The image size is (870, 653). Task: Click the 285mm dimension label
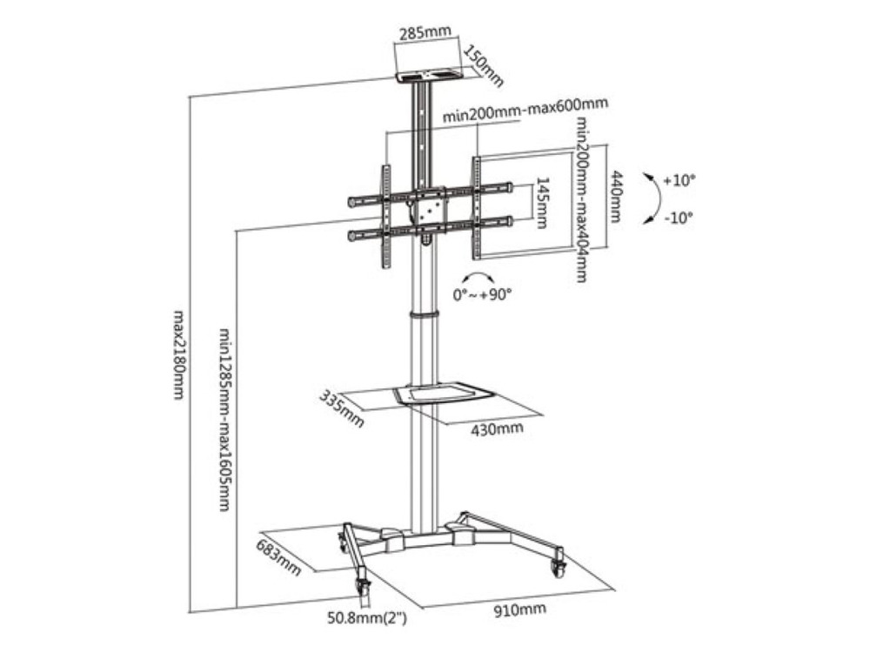(x=425, y=31)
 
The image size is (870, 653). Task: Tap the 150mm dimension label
(x=483, y=66)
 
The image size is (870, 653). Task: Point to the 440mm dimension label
(x=616, y=196)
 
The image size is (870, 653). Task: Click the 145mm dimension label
(x=541, y=203)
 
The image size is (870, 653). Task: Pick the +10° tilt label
(x=679, y=180)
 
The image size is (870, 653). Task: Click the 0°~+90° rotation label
(x=482, y=294)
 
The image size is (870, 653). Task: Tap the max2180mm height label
(x=178, y=355)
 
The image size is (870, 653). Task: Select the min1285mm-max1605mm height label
(x=224, y=420)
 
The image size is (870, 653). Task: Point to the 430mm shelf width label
(x=497, y=428)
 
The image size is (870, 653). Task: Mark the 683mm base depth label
(x=278, y=557)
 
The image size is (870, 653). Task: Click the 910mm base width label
(x=520, y=609)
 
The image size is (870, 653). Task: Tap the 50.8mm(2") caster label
(x=367, y=617)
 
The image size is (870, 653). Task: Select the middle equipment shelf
(x=442, y=393)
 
